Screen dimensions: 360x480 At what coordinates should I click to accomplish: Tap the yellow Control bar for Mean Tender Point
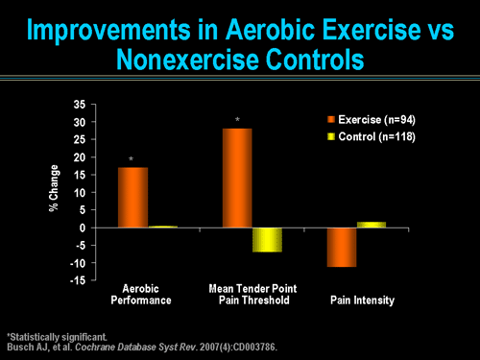pyautogui.click(x=267, y=240)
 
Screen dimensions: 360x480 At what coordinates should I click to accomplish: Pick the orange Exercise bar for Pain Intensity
pyautogui.click(x=341, y=248)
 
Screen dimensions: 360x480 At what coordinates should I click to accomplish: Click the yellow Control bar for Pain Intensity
pyautogui.click(x=372, y=225)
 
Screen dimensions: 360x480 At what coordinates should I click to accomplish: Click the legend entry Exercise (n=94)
pyautogui.click(x=372, y=120)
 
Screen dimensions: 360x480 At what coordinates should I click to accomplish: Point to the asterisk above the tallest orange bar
pyautogui.click(x=237, y=121)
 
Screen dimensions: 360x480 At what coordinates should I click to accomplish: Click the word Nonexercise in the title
pyautogui.click(x=181, y=60)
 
